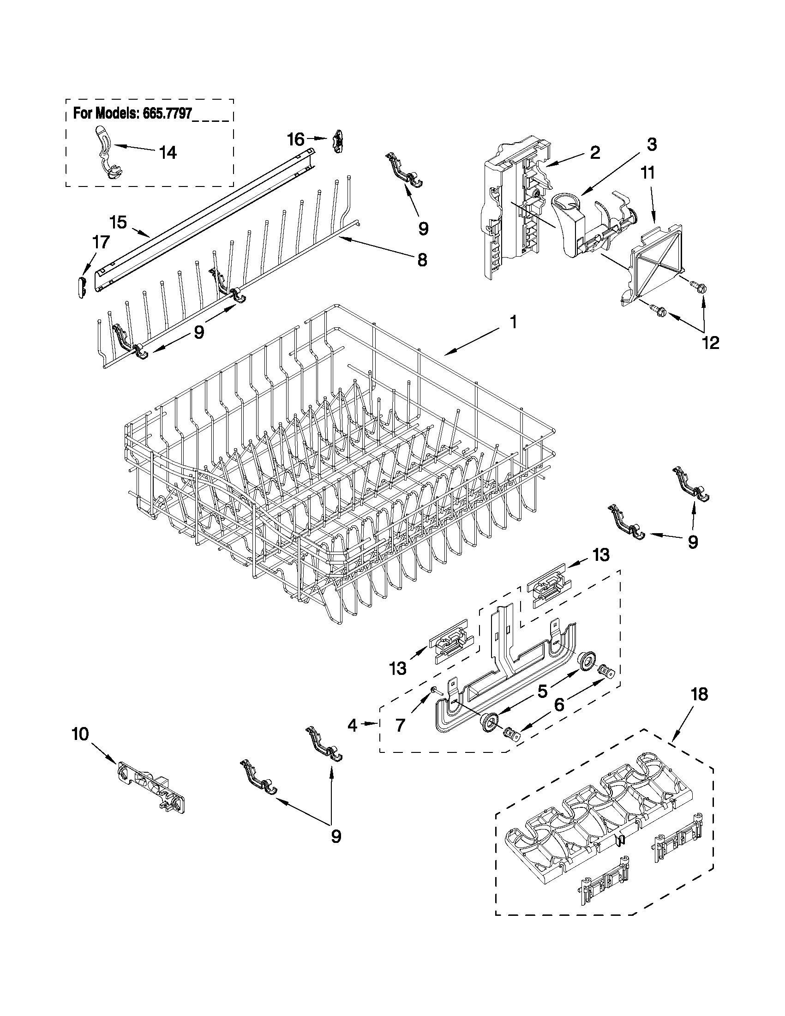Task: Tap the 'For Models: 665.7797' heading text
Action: (132, 114)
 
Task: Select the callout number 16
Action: (296, 138)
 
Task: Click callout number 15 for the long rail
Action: (119, 222)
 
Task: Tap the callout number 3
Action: (652, 144)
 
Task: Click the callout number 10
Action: (80, 734)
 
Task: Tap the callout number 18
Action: (700, 708)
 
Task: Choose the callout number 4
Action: (353, 725)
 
